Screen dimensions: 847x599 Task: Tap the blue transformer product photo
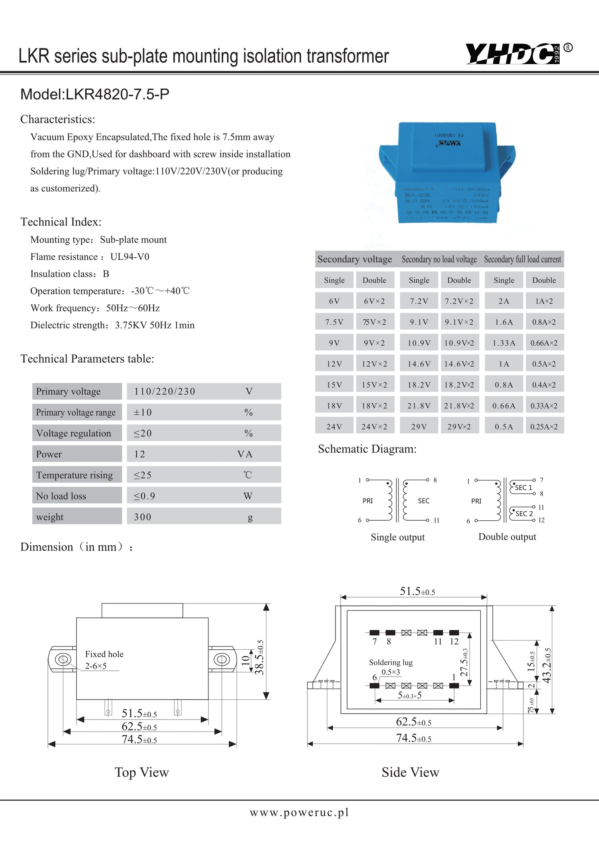point(447,173)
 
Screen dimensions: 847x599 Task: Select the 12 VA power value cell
point(140,454)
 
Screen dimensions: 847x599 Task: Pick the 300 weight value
point(143,517)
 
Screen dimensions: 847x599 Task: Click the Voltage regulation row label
point(74,433)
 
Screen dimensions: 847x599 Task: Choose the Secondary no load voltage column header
point(439,259)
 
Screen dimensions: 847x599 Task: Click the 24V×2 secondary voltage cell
point(374,426)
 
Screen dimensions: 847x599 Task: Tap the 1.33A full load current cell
point(504,343)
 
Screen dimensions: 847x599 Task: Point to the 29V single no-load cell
point(419,426)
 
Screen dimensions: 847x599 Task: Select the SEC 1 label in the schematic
point(523,488)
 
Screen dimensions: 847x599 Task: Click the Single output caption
point(398,537)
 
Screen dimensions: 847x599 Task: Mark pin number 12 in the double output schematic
point(541,520)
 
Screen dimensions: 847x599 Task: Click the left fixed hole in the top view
point(63,659)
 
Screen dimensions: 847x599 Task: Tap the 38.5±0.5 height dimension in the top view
point(259,657)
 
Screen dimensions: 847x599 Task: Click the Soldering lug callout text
point(391,662)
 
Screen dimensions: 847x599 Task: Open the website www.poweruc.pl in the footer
point(299,812)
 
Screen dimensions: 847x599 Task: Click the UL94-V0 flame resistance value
point(130,257)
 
